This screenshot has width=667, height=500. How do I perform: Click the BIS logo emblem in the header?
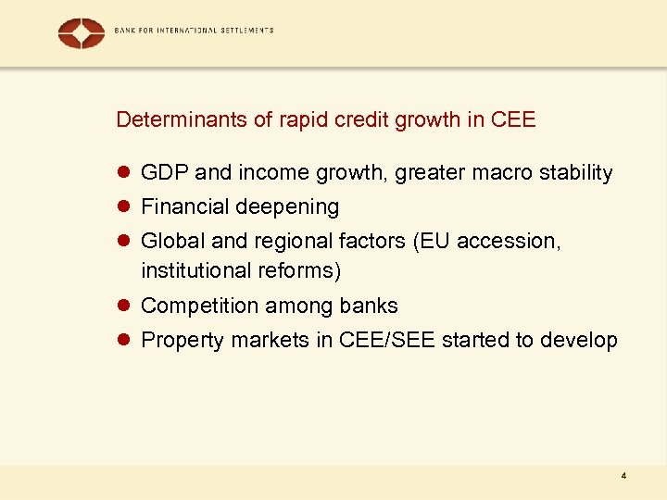[x=82, y=33]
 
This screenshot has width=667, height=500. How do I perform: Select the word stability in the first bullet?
[x=575, y=173]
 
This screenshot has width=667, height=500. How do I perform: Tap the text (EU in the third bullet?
[x=431, y=241]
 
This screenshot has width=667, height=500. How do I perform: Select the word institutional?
[x=190, y=271]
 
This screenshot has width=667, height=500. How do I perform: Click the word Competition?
[x=199, y=306]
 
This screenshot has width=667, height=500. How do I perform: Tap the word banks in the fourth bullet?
[x=371, y=306]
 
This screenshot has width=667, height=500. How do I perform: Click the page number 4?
[x=624, y=476]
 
